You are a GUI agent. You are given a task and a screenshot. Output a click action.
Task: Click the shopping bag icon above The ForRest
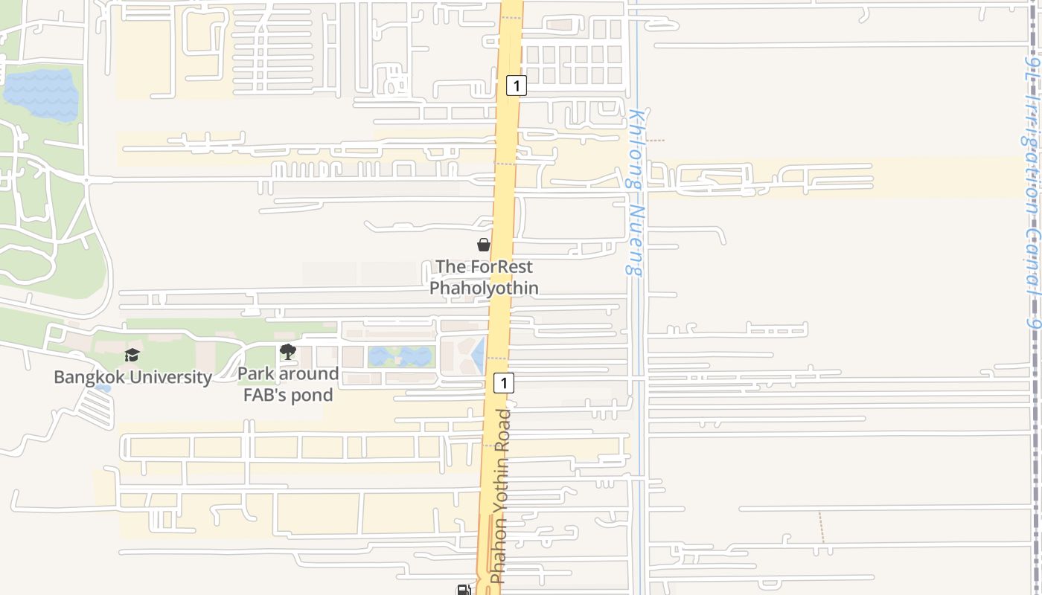pos(484,245)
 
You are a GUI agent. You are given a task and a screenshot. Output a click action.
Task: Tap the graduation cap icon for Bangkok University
pos(132,355)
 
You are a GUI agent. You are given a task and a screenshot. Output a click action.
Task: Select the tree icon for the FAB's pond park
pos(288,352)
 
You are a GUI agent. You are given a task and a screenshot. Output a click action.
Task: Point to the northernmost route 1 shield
pos(516,86)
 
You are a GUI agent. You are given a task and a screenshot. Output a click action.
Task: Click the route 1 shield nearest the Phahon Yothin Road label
pos(504,383)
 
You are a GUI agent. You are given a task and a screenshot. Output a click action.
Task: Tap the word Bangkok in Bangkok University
pos(89,377)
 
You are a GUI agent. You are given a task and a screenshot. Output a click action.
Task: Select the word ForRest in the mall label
pos(505,266)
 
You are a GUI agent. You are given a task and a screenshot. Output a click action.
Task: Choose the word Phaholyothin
pos(484,287)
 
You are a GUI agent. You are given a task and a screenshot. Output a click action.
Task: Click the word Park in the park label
pos(256,374)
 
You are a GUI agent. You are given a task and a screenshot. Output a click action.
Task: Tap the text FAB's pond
pos(288,395)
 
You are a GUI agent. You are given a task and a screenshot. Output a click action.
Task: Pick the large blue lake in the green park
pos(41,95)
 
